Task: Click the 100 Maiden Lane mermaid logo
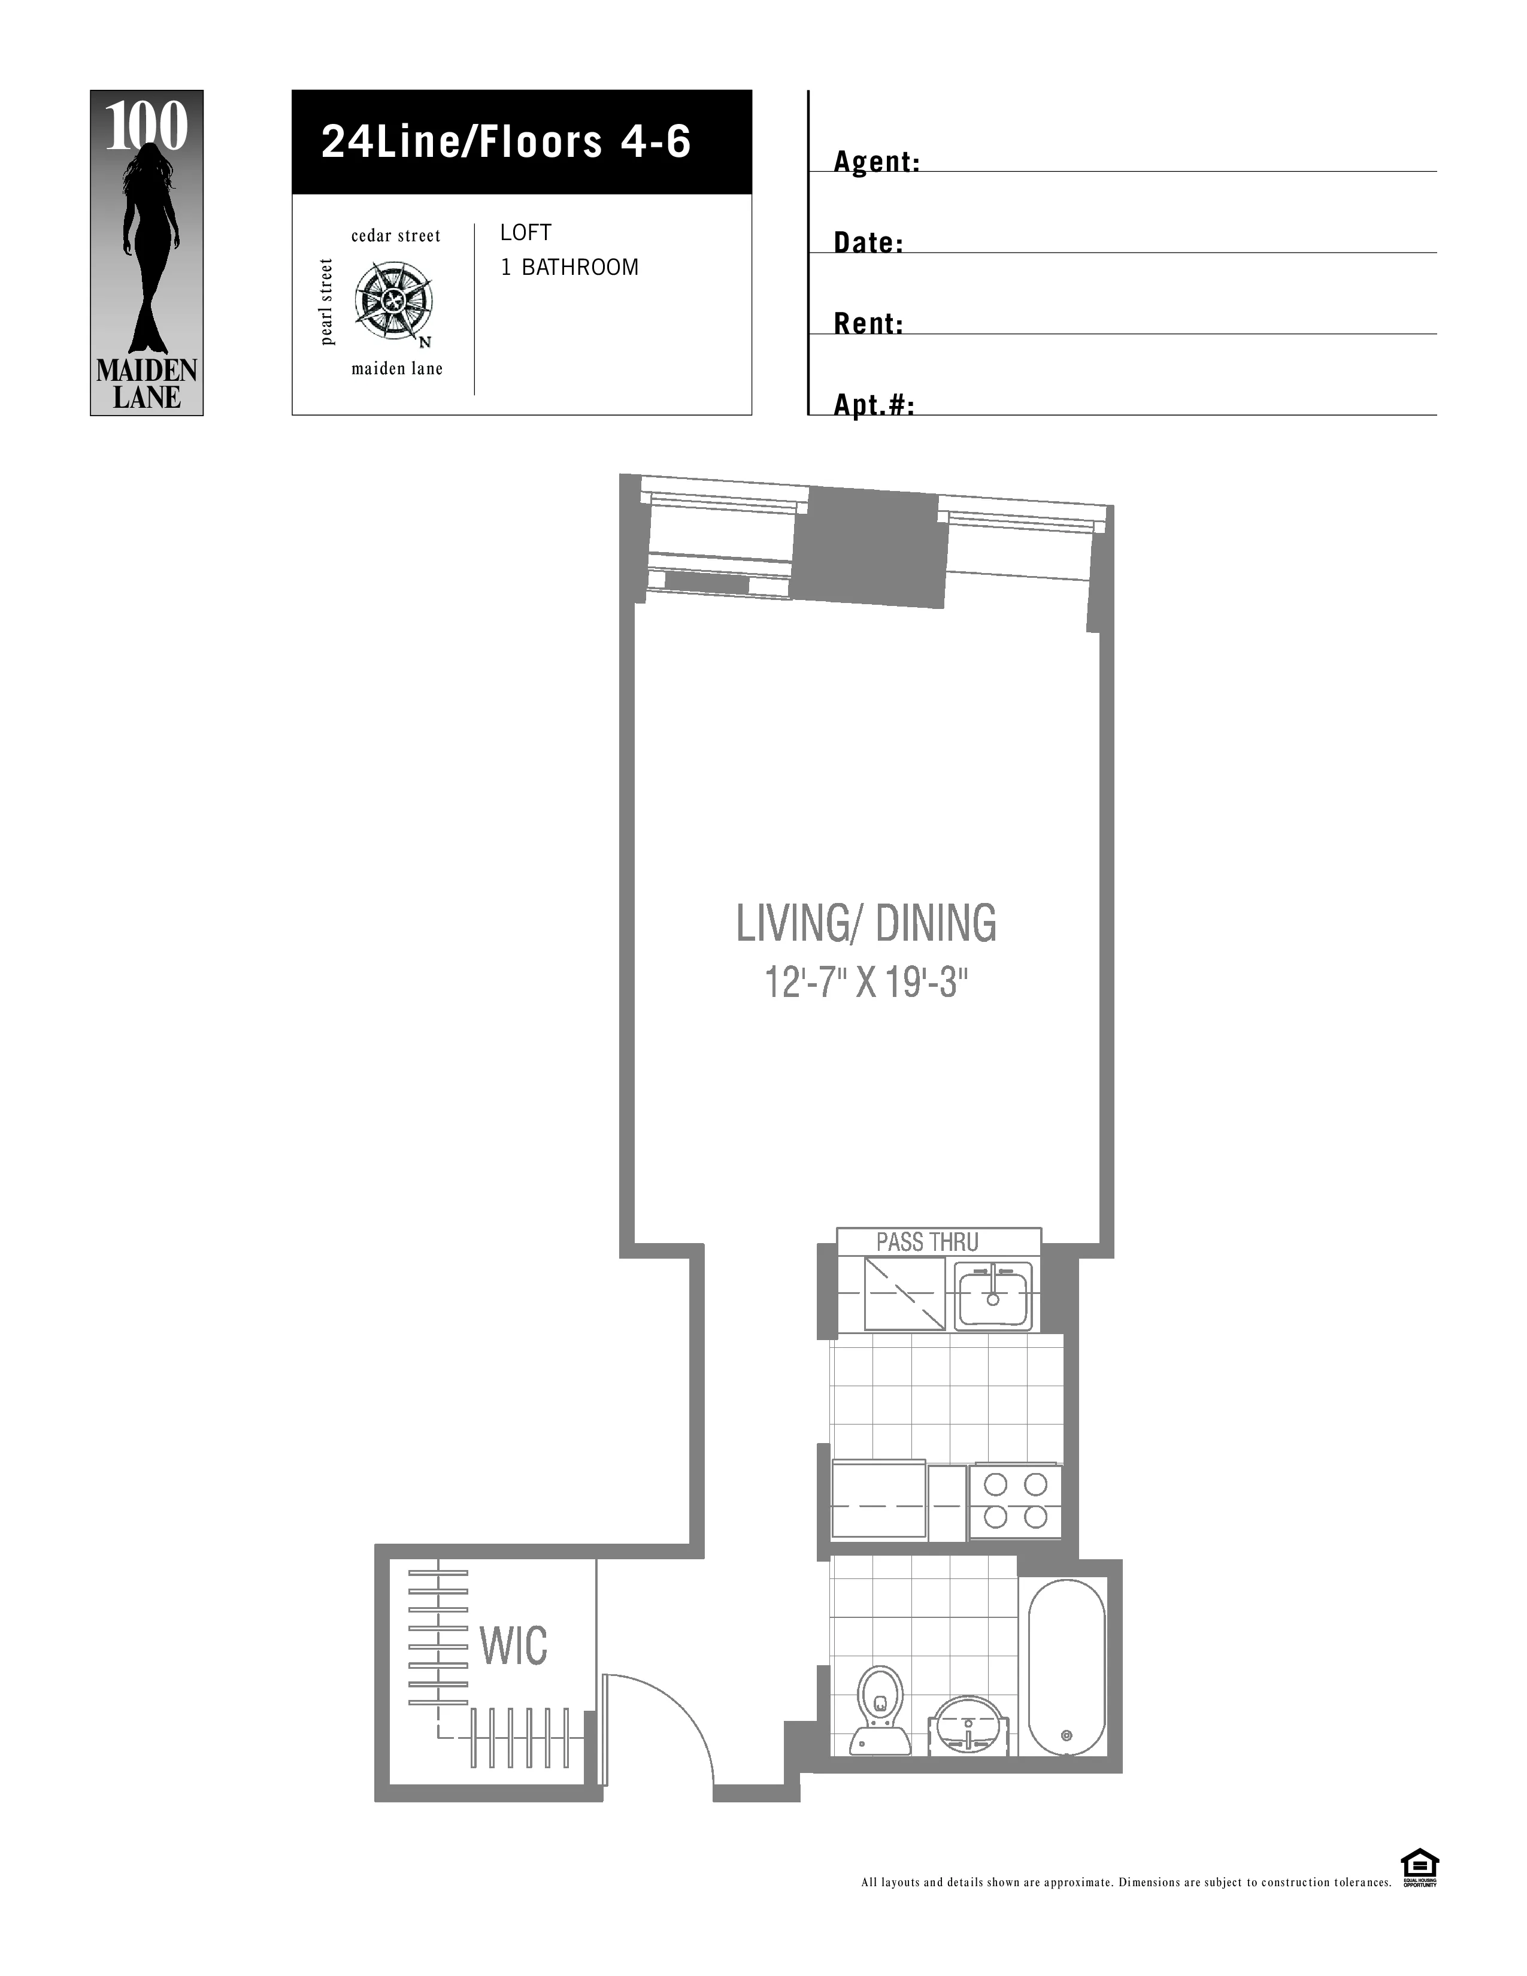pyautogui.click(x=147, y=253)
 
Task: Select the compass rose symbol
pyautogui.click(x=393, y=301)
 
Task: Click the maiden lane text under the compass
pyautogui.click(x=397, y=369)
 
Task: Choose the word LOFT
pyautogui.click(x=526, y=232)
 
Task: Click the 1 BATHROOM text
pyautogui.click(x=570, y=268)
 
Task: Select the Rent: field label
pyautogui.click(x=868, y=324)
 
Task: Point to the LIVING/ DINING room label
pyautogui.click(x=866, y=924)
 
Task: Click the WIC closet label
pyautogui.click(x=513, y=1645)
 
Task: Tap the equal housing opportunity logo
pyautogui.click(x=1419, y=1868)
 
